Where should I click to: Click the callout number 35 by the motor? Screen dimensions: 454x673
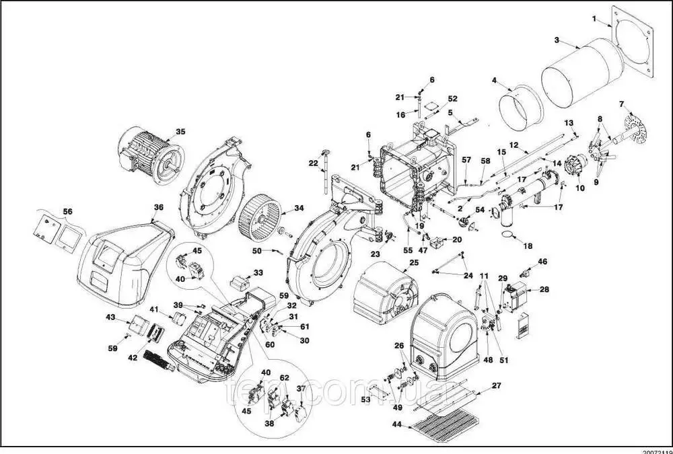tap(180, 132)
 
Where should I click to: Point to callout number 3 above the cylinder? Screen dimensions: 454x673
tap(557, 40)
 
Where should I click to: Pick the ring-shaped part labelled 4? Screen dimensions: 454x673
tap(518, 108)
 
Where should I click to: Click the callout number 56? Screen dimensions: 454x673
tap(67, 211)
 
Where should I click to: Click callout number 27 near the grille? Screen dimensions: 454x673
tap(497, 386)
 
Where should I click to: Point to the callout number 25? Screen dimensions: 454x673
tap(414, 262)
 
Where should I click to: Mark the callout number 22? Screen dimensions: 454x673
tap(313, 163)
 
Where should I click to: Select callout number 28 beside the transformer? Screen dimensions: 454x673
tap(544, 289)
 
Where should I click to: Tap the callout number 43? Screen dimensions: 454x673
tap(111, 316)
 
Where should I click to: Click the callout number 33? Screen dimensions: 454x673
tap(258, 273)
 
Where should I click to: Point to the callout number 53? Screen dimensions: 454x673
tap(365, 400)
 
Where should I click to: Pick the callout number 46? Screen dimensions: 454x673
tap(542, 261)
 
